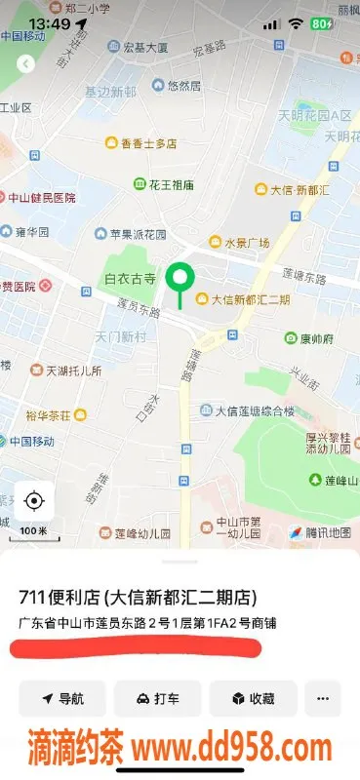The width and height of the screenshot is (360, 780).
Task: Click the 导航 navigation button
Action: pos(62,698)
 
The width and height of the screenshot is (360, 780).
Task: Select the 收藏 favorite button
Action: pos(253,698)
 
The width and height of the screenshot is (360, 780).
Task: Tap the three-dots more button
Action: pos(323,698)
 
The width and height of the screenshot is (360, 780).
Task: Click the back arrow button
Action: pos(26,63)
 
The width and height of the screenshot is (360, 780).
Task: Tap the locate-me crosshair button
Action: pos(34,501)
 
